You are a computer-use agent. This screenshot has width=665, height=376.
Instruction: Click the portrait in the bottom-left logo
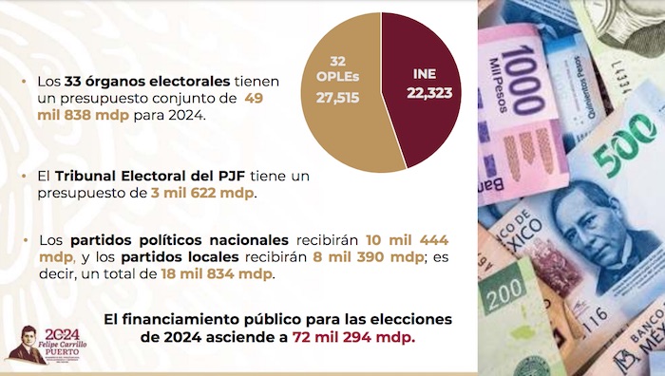[x=26, y=345]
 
